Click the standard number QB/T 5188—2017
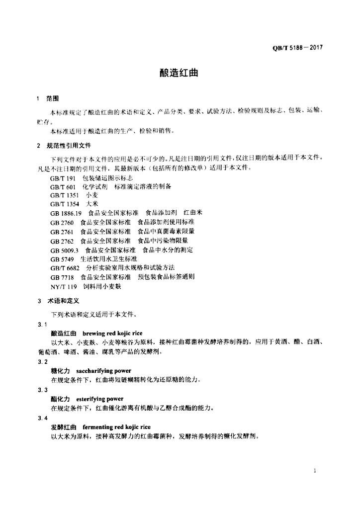298,48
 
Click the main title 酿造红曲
179,73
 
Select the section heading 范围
52,98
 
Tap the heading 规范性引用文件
69,146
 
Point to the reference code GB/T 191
62,178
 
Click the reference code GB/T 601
62,186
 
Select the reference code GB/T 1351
64,195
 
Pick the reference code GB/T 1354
64,204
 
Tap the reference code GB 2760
62,222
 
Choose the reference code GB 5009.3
65,250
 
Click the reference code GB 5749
62,259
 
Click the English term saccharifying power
103,371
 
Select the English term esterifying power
99,399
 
